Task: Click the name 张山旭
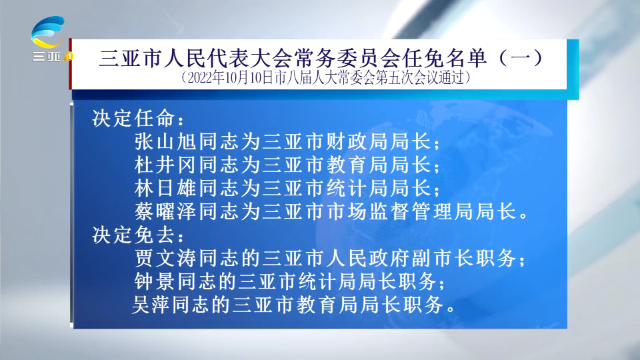pos(166,141)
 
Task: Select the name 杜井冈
pos(166,165)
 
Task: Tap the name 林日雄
pos(166,188)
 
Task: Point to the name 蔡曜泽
pos(166,211)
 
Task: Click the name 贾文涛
pos(166,258)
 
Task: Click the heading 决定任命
pos(133,119)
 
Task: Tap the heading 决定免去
pos(133,235)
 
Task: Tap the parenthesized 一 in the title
pos(522,58)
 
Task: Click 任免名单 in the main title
pos(443,58)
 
